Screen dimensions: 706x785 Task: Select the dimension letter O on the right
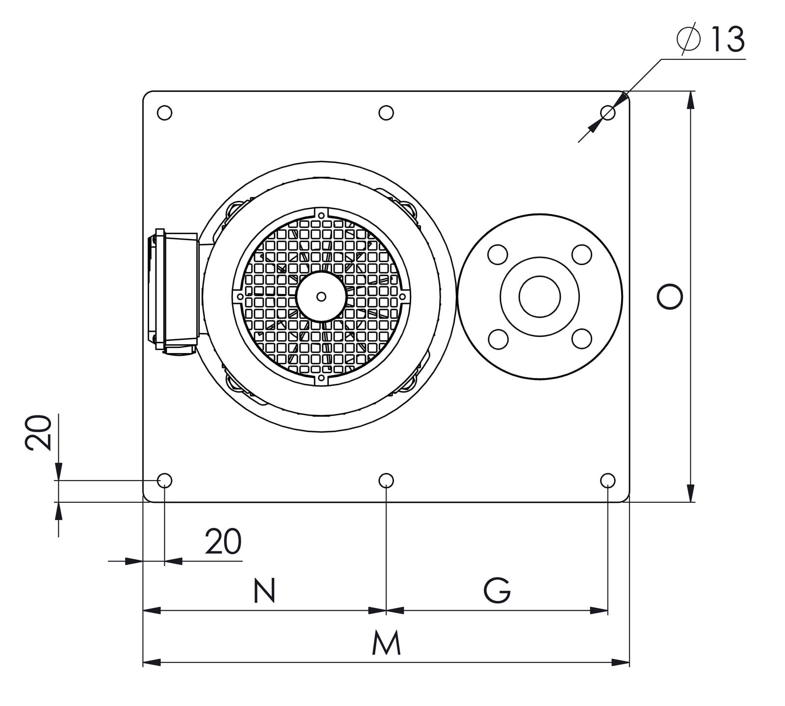coord(670,297)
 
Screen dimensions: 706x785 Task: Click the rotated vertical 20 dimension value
coord(38,432)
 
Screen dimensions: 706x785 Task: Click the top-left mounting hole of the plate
coord(165,113)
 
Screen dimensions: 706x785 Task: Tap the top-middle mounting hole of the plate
coord(386,113)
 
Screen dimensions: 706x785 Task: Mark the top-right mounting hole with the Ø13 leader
coord(608,113)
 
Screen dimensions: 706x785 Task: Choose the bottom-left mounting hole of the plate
coord(165,480)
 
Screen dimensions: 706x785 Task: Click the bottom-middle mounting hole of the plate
coord(386,480)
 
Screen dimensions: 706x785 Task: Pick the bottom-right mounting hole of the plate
coord(608,480)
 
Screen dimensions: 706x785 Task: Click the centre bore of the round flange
coord(540,297)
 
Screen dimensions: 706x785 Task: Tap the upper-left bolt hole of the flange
coord(497,254)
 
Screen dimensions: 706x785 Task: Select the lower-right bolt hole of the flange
coord(582,339)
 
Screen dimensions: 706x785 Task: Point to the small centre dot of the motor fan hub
coord(321,297)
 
